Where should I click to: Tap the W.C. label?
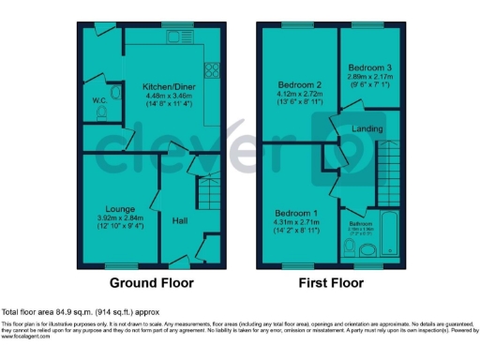[98, 100]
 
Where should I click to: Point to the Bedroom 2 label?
[294, 83]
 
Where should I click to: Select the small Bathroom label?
[361, 224]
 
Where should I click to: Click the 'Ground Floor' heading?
[151, 282]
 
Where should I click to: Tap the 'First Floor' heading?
[332, 282]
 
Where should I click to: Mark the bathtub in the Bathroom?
[391, 234]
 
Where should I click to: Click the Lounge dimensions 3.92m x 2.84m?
[118, 217]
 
